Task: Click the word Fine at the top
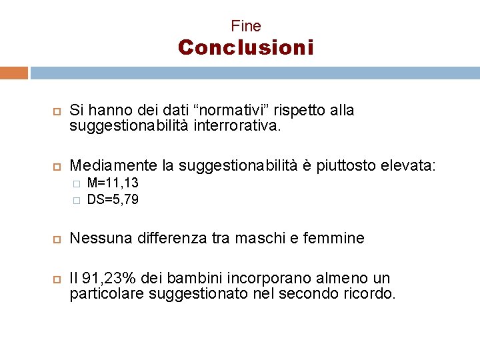click(x=246, y=26)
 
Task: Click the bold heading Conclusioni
click(x=245, y=48)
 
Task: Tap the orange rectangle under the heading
click(x=14, y=73)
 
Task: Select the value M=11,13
click(x=113, y=183)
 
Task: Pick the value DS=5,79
click(x=113, y=199)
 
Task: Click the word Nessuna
click(x=97, y=238)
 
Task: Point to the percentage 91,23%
click(x=105, y=278)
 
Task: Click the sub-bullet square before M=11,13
click(x=77, y=183)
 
